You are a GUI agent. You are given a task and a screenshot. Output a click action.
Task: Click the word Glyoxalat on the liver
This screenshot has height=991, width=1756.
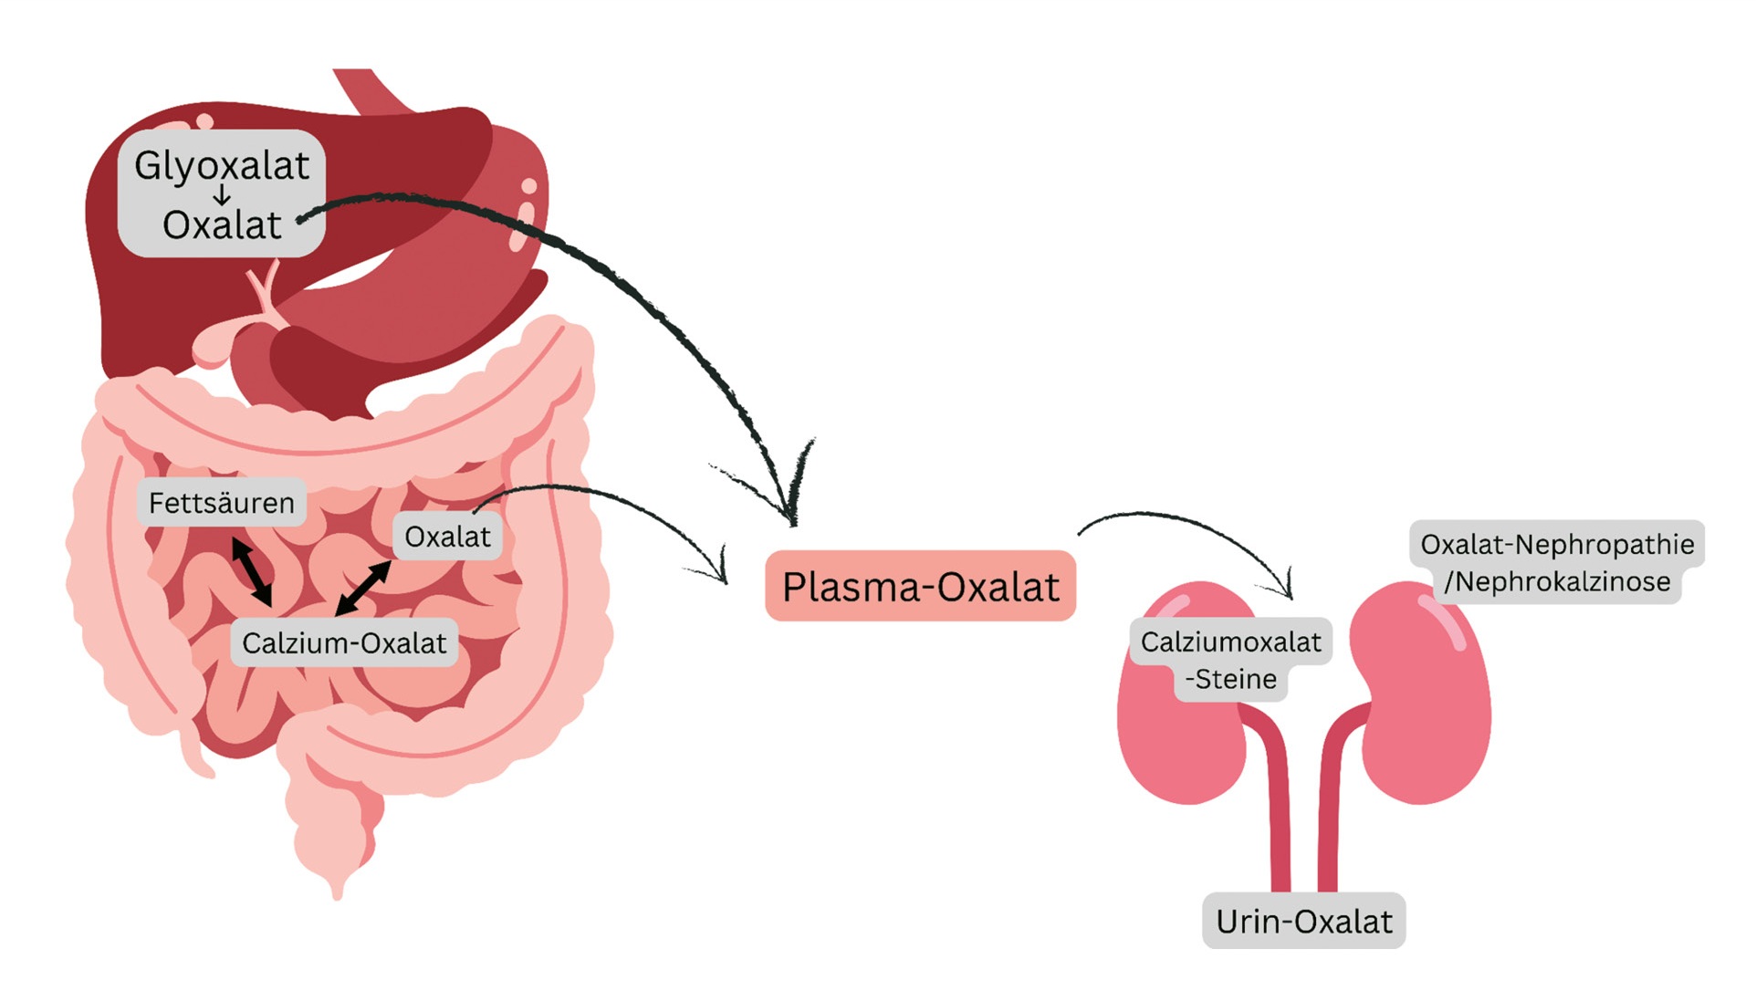[222, 166]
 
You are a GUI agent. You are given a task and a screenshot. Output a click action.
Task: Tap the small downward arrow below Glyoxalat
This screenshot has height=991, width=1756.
[222, 195]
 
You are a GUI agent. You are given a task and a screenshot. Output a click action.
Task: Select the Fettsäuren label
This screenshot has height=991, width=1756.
[222, 503]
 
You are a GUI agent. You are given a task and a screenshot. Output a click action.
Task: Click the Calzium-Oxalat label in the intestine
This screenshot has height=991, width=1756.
[344, 643]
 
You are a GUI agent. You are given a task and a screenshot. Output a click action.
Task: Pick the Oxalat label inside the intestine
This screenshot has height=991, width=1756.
[447, 537]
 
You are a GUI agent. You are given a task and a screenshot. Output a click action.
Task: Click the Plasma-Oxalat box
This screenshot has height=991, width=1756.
[920, 587]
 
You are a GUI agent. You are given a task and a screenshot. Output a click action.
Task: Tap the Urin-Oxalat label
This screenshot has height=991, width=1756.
[1303, 922]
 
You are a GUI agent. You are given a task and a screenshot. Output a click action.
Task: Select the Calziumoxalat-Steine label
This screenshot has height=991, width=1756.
[1230, 660]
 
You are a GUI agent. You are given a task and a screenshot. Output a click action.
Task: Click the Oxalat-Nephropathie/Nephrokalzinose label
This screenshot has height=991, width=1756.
[1557, 562]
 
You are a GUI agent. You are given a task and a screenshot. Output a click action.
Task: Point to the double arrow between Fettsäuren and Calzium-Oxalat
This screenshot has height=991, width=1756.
[251, 572]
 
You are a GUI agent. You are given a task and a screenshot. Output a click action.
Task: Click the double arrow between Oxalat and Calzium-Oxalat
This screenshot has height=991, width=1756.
[363, 589]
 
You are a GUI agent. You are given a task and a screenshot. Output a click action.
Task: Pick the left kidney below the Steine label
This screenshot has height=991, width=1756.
[1177, 739]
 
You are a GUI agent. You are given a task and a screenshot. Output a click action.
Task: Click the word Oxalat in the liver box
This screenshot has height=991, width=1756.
[222, 225]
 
